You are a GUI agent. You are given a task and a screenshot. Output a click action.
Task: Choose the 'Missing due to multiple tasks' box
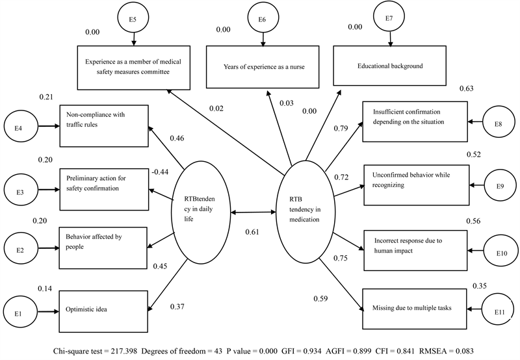pyautogui.click(x=413, y=307)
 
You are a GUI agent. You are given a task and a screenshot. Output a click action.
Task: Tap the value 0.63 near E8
pyautogui.click(x=466, y=89)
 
